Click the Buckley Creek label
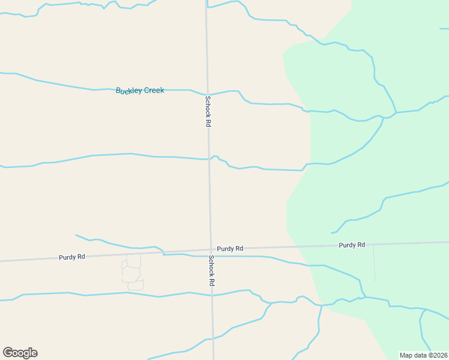[x=140, y=91]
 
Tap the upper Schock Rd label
[x=208, y=111]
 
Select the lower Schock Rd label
[x=211, y=271]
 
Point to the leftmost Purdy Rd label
[x=72, y=257]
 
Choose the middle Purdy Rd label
[x=230, y=248]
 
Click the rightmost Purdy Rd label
[x=352, y=245]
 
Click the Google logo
[x=20, y=353]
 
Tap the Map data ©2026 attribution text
[x=424, y=355]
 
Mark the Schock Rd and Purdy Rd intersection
[x=211, y=250]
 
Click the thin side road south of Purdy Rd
[x=375, y=264]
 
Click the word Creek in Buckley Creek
[x=154, y=91]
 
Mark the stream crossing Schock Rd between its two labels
[x=209, y=158]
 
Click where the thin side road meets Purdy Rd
[x=374, y=244]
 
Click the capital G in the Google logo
[x=7, y=352]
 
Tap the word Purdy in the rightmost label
[x=347, y=245]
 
